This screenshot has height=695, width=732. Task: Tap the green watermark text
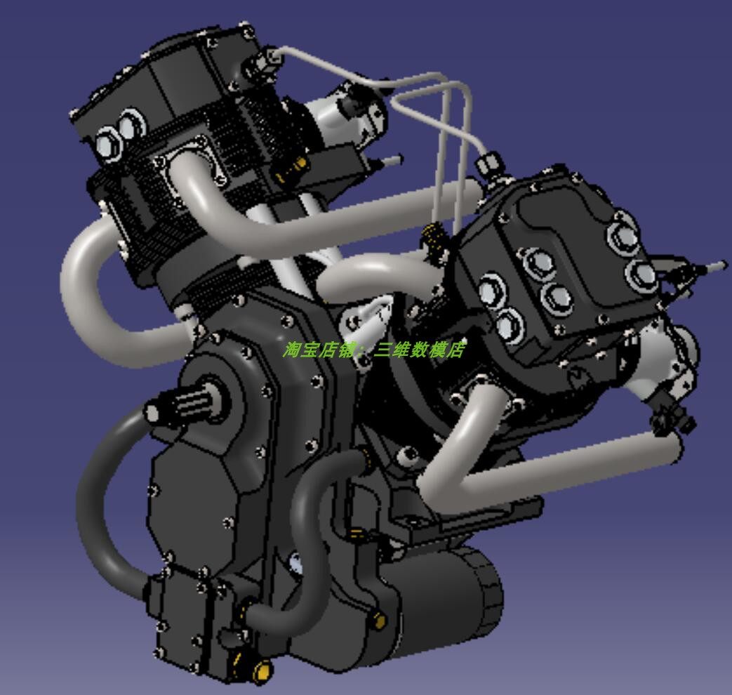373,349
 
